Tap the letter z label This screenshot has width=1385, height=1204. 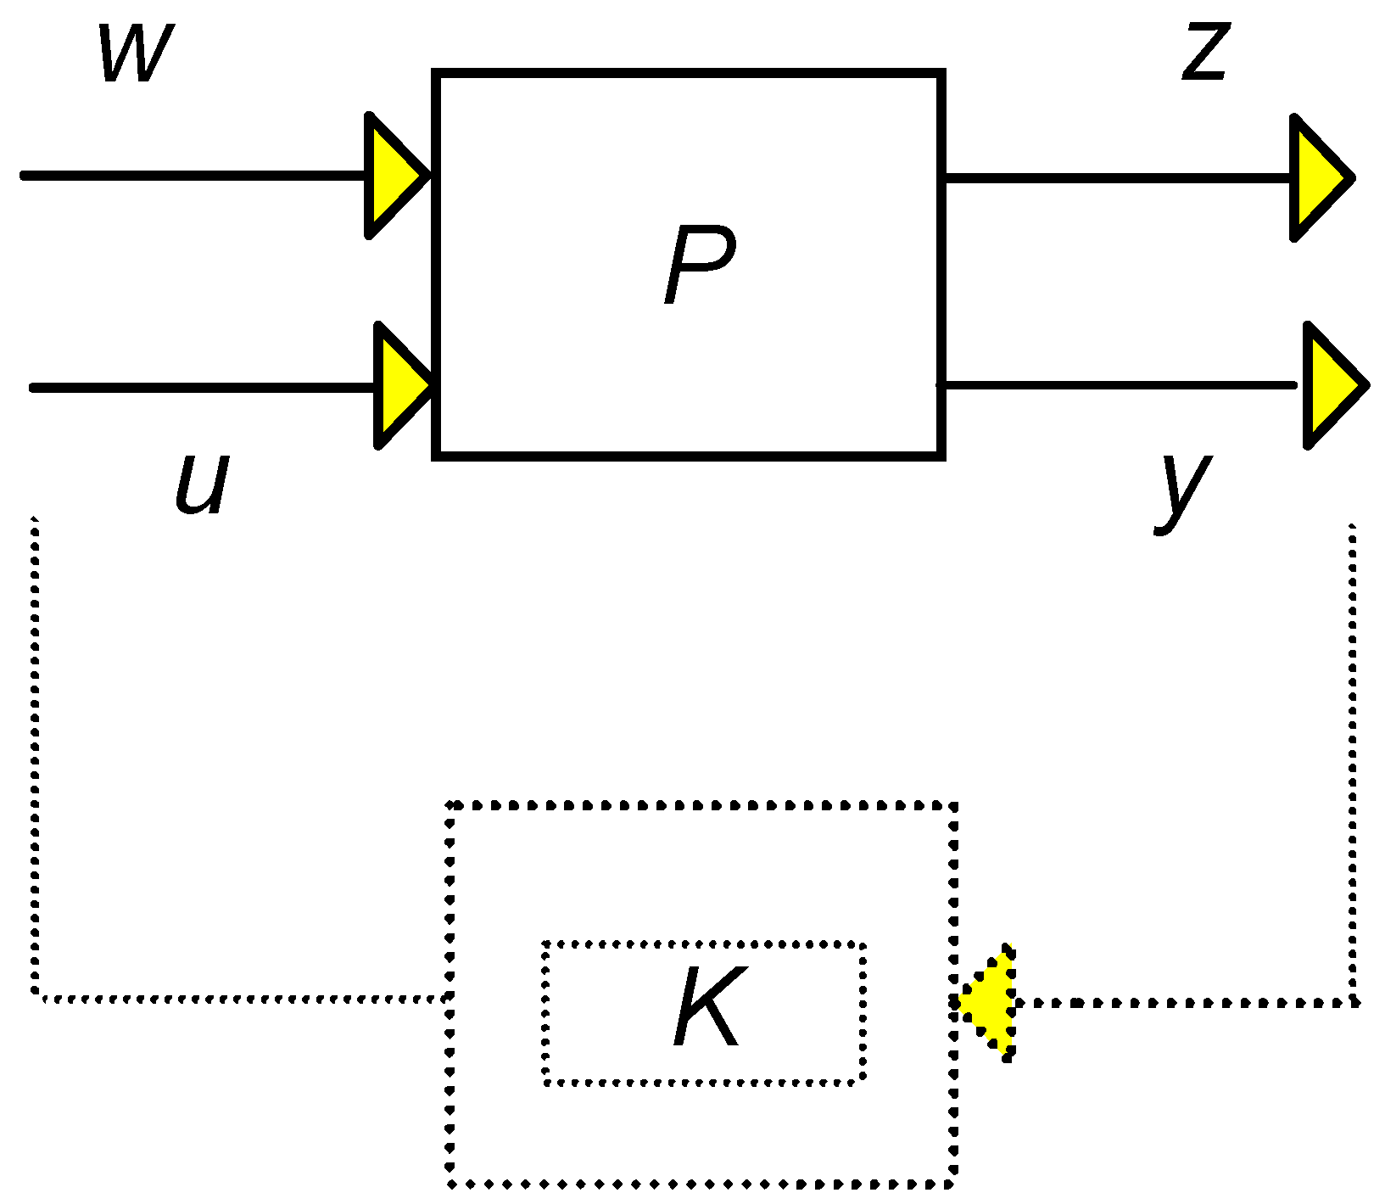[x=1206, y=53]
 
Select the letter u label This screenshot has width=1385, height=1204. [x=202, y=484]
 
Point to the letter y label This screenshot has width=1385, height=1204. [x=1183, y=490]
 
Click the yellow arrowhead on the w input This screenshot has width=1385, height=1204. [x=391, y=176]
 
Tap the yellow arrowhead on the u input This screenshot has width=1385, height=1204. [x=401, y=386]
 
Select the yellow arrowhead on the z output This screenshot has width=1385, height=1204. [x=1316, y=178]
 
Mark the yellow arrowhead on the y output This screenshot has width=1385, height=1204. [x=1330, y=385]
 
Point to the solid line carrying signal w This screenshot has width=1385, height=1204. [x=195, y=176]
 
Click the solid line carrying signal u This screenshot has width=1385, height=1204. [x=204, y=387]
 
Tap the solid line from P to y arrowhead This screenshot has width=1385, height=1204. [x=1120, y=385]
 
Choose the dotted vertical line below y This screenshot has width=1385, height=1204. [x=1352, y=764]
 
